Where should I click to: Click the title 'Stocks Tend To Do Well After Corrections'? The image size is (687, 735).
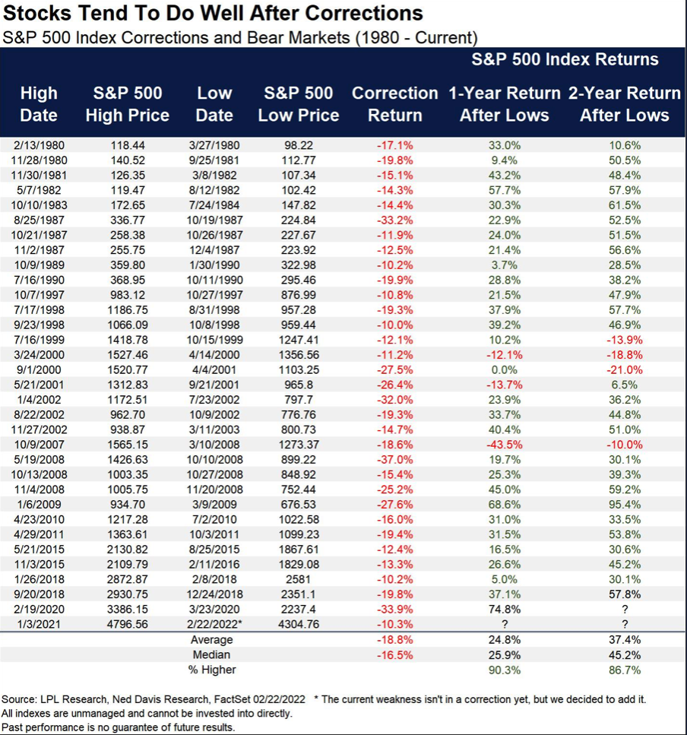point(214,14)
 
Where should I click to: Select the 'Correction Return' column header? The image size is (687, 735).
point(394,104)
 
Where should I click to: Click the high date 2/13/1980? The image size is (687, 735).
point(39,144)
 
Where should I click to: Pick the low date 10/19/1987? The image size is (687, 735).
point(214,219)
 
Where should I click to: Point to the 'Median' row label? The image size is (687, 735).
point(213,655)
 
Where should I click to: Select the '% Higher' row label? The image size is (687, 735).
point(213,670)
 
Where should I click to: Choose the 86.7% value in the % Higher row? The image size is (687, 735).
point(625,670)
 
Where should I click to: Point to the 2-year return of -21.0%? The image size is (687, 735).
point(625,370)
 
